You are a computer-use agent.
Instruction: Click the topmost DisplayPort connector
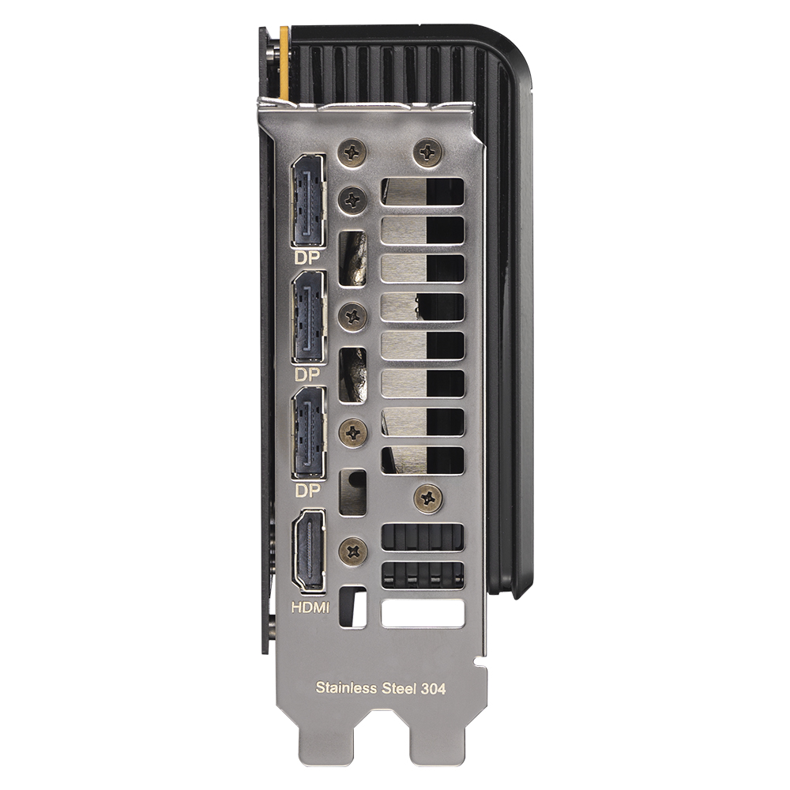coord(308,201)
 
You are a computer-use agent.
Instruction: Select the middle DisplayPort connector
coord(308,317)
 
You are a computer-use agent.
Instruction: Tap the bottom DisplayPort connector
coord(308,432)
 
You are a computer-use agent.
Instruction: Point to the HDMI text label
coord(310,608)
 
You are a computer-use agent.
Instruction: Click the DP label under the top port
coord(307,258)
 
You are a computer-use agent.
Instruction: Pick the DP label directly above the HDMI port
coord(307,491)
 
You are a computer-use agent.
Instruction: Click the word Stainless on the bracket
coord(346,688)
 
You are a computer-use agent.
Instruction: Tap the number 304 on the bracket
coord(433,688)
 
